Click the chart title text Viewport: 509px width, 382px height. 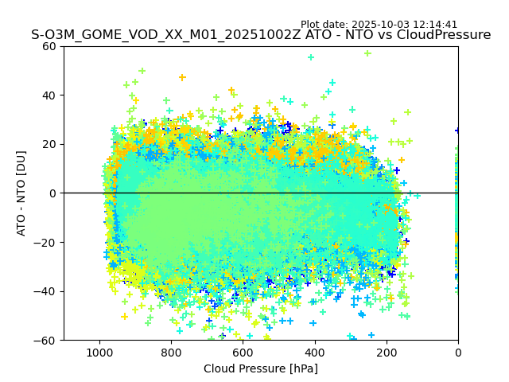(261, 35)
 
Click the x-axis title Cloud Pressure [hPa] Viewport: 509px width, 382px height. (261, 368)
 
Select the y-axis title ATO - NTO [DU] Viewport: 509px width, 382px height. (21, 193)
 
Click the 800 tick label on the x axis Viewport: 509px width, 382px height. (171, 352)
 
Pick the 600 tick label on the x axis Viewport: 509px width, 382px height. (243, 352)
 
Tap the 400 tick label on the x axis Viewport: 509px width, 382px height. (314, 352)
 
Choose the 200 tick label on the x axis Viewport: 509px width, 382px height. (387, 352)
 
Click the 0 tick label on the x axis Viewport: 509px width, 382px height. (458, 352)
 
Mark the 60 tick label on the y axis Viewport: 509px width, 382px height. (49, 46)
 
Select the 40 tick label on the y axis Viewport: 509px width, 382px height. (49, 95)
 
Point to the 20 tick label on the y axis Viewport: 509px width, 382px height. (49, 144)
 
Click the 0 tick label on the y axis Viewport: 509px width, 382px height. (52, 193)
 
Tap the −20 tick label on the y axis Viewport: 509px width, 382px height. (46, 242)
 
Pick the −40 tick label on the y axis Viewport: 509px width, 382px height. (46, 291)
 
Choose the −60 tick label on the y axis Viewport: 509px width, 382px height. (46, 340)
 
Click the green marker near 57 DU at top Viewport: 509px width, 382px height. (367, 53)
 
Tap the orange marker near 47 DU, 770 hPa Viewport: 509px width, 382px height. (182, 77)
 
